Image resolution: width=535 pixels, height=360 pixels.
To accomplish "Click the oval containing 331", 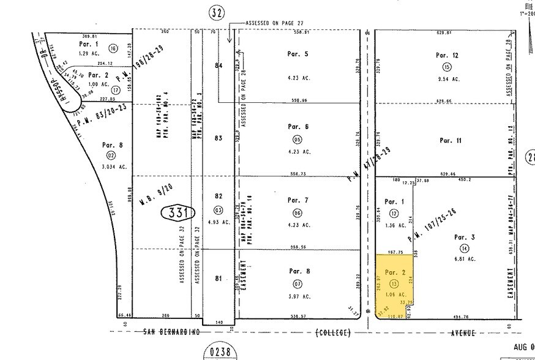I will click(x=178, y=212).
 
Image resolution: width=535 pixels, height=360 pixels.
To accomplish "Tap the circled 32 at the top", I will click(x=215, y=12).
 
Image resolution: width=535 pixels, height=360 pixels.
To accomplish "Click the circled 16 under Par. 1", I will click(x=113, y=48).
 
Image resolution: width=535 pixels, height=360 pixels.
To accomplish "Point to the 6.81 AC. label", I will click(x=464, y=259).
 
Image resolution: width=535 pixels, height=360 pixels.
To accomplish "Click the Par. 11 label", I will click(x=450, y=140).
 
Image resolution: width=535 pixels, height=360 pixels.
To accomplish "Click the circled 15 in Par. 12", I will click(x=447, y=67).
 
